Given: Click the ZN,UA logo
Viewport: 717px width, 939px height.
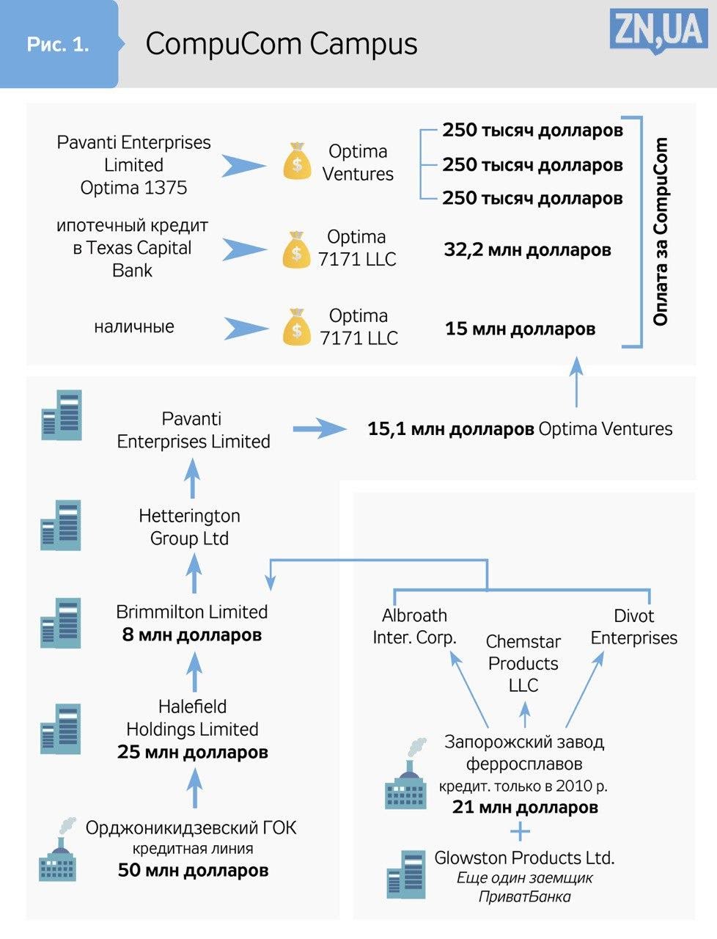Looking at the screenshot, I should tap(658, 31).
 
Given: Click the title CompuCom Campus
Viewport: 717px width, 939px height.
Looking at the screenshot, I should tap(282, 44).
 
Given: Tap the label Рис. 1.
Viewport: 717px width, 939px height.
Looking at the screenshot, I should tap(58, 44).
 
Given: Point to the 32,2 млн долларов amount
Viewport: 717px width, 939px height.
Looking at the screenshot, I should tap(527, 250).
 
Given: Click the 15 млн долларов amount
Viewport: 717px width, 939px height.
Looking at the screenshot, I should tap(520, 329).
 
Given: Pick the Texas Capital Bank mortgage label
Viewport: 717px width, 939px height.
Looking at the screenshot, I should tap(132, 248).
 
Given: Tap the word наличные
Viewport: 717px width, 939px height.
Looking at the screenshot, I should tap(134, 326).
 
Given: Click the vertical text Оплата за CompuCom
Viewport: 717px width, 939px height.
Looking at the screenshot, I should tap(661, 231).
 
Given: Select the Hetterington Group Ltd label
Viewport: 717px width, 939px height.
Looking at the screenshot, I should tap(189, 527).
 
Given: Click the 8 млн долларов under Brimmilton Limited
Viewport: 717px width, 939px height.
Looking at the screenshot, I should tap(191, 635).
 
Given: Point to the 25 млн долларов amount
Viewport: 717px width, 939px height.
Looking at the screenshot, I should tap(193, 752).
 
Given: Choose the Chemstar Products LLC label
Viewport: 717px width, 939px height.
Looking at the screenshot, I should tap(523, 663).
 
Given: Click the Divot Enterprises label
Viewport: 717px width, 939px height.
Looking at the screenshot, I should tap(634, 626).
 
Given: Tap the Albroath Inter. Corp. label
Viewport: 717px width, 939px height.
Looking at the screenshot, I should tap(414, 626).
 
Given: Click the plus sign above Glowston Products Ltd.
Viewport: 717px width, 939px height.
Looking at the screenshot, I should tap(520, 832).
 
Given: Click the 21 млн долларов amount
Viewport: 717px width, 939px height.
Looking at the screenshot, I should tap(525, 808).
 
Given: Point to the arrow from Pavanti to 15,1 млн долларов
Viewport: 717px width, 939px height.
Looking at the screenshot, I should tap(319, 428).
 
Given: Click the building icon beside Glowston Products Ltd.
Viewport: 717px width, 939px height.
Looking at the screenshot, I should tap(405, 874).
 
